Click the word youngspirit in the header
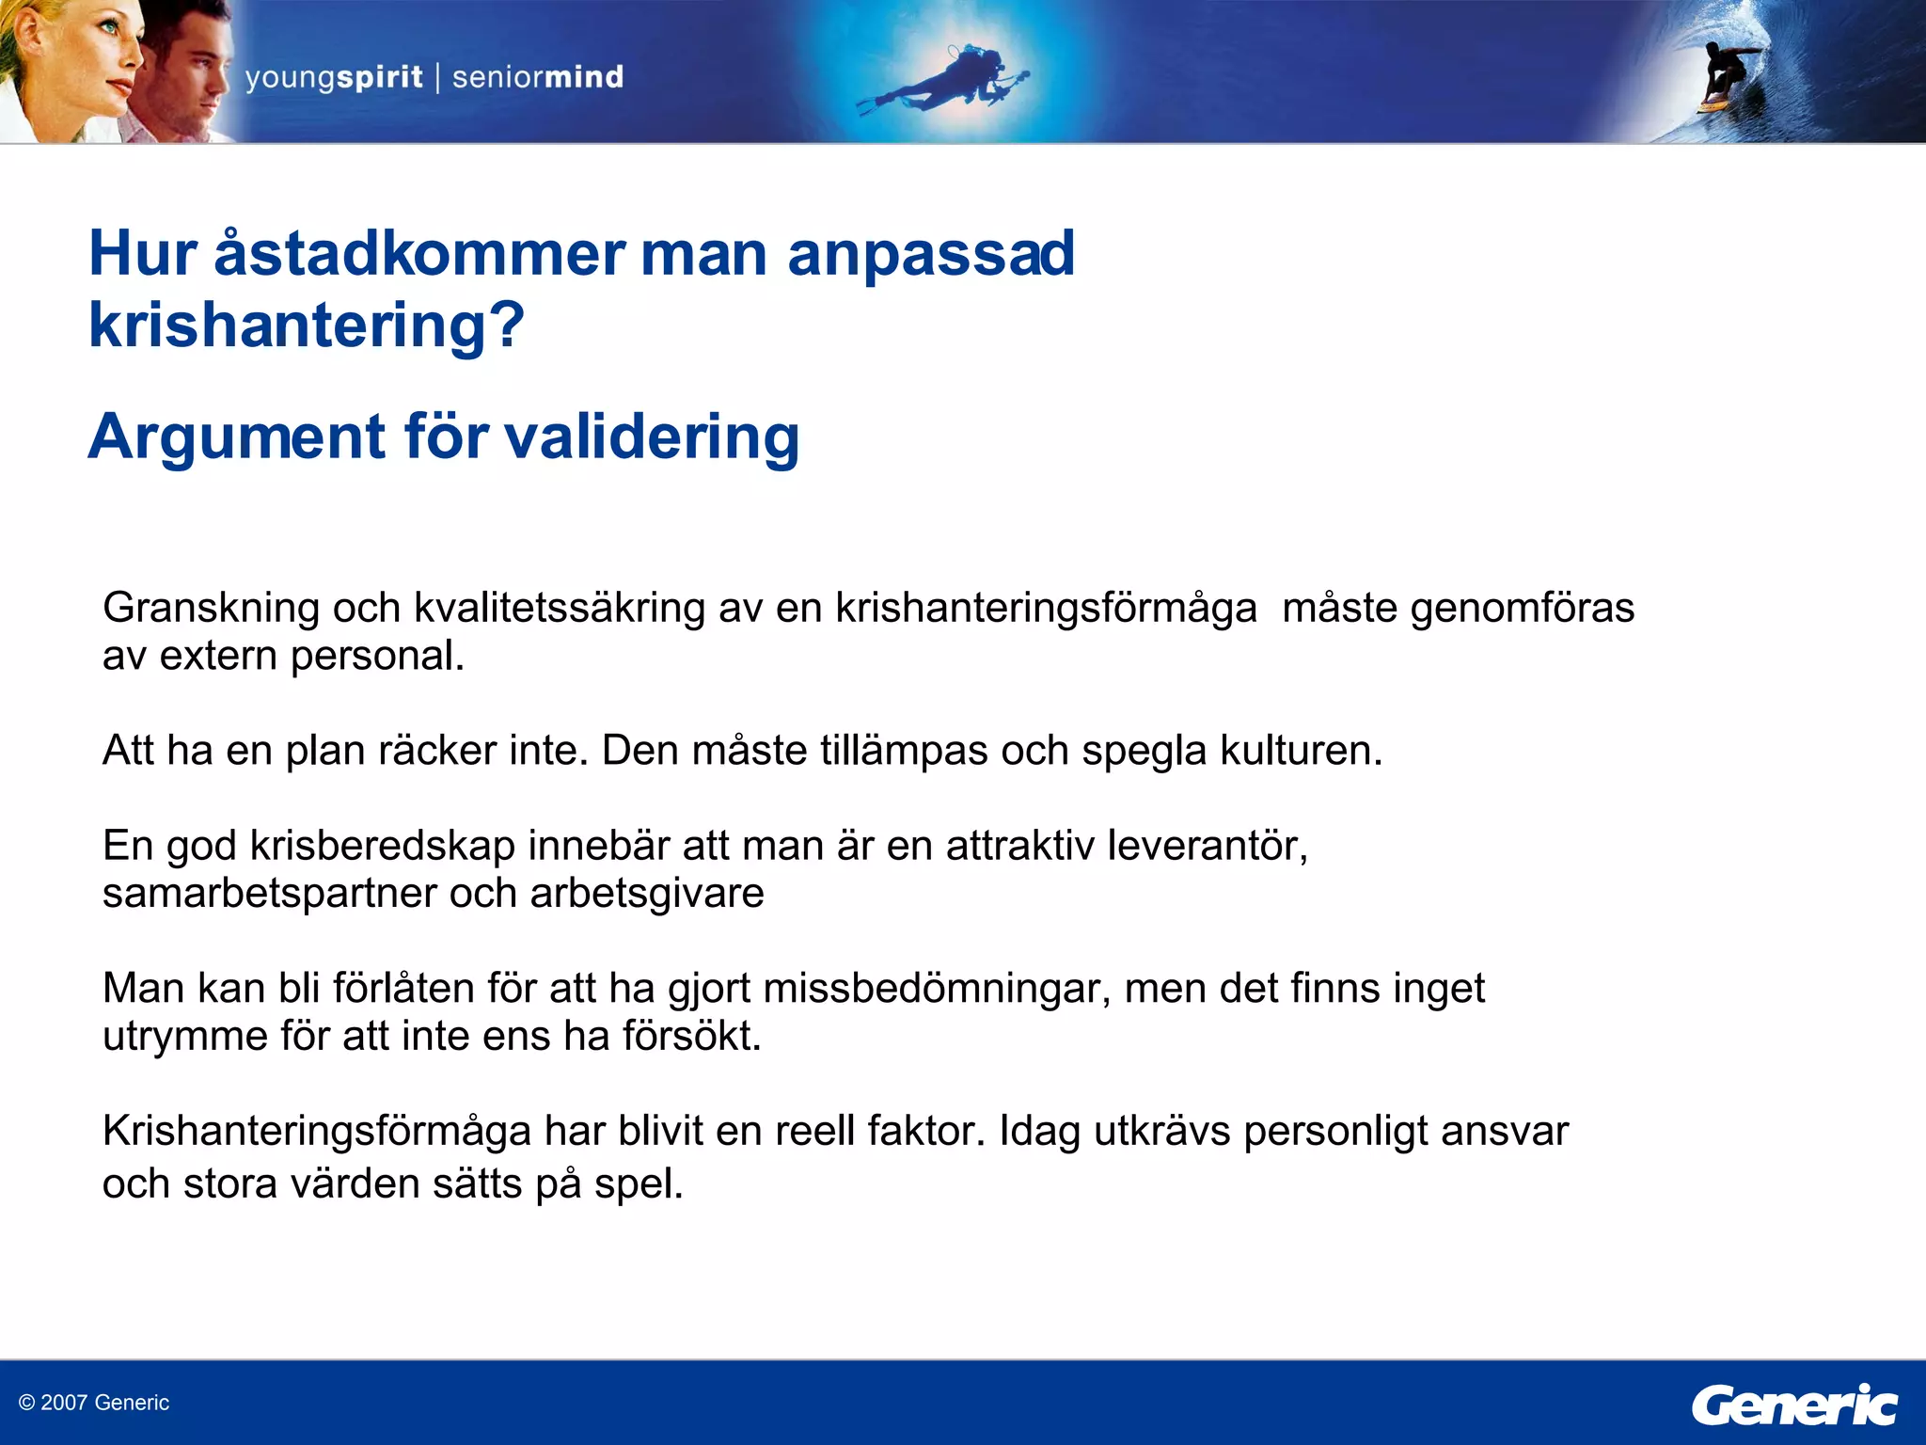click(334, 77)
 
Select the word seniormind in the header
click(538, 77)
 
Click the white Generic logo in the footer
click(1793, 1405)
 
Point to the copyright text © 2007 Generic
click(94, 1403)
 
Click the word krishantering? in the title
click(306, 326)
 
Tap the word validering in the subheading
click(652, 437)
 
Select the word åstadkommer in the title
click(418, 254)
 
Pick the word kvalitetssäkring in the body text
click(560, 608)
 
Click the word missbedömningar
click(936, 989)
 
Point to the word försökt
click(691, 1036)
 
